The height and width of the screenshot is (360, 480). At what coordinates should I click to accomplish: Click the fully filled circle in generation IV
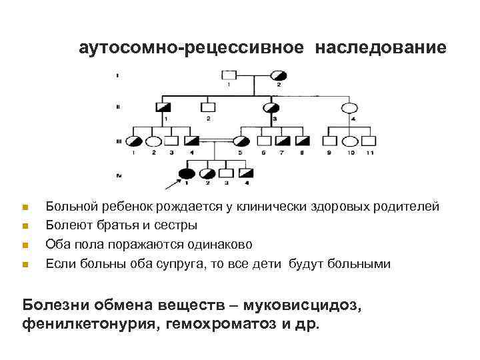click(188, 174)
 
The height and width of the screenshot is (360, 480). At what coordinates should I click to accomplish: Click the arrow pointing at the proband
click(170, 181)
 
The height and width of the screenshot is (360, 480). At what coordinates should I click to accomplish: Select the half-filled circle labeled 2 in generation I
click(278, 75)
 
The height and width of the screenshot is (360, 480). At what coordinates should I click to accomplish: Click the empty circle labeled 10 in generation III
click(349, 141)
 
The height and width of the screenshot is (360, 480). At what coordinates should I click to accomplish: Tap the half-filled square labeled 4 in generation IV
click(246, 174)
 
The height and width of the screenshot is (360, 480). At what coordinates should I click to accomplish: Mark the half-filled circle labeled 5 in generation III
click(241, 141)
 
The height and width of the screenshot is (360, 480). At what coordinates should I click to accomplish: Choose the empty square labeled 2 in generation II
click(209, 107)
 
